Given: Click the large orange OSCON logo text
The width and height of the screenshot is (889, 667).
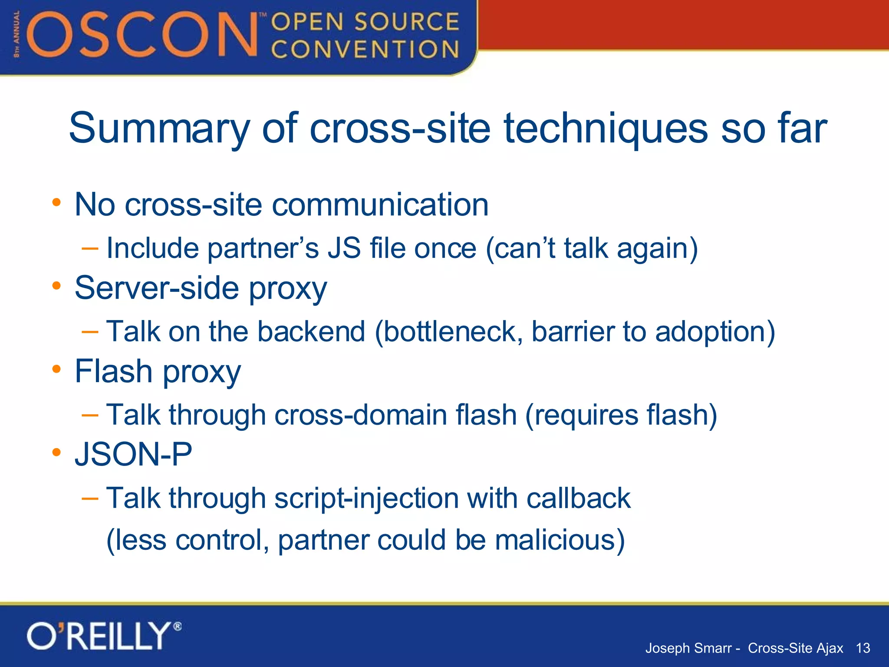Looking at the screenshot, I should point(143,35).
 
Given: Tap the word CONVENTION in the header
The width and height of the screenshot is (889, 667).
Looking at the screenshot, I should point(365,49).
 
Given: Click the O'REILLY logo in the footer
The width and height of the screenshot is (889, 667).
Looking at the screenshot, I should point(103,636).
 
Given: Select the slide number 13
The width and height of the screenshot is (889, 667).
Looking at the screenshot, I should point(863,648).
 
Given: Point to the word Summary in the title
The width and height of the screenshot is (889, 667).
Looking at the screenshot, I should point(159,128).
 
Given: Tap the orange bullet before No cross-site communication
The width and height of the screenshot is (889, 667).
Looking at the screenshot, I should point(56,202).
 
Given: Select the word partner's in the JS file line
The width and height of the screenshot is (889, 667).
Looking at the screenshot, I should point(263,248).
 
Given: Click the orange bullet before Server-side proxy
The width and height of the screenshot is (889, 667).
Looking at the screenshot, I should point(56,286).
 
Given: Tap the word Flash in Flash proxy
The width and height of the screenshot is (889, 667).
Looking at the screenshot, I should point(114,371).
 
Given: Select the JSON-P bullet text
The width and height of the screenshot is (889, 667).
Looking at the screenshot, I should point(133,455).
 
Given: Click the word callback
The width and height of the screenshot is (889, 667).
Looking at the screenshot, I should point(578,498).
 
